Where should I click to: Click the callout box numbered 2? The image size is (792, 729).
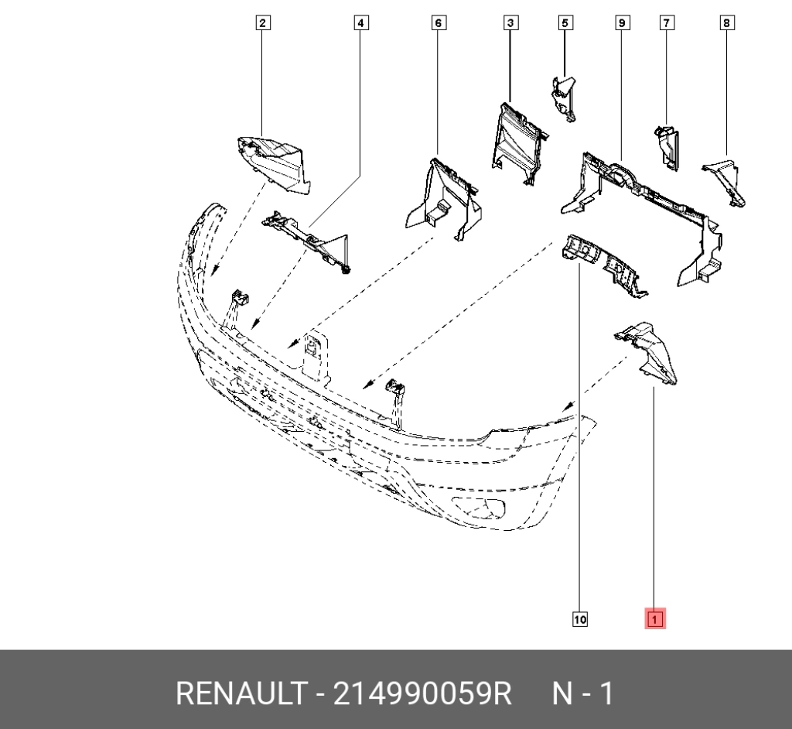[263, 22]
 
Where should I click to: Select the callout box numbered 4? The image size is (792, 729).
[360, 22]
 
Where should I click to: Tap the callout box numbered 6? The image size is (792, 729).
[439, 22]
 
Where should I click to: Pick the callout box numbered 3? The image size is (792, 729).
[510, 22]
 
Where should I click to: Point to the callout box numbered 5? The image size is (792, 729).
[565, 22]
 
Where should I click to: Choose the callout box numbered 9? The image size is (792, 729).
[623, 22]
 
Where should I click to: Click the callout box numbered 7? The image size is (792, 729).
[667, 22]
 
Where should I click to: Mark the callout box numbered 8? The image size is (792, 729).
[727, 22]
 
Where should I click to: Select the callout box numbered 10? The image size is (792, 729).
[580, 619]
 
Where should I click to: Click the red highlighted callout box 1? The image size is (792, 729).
[655, 619]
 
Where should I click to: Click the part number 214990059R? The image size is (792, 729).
[422, 693]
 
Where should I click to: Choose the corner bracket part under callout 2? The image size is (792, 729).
[275, 164]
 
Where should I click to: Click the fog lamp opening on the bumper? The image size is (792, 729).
[478, 508]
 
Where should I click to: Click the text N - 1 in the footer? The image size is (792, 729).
[583, 693]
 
